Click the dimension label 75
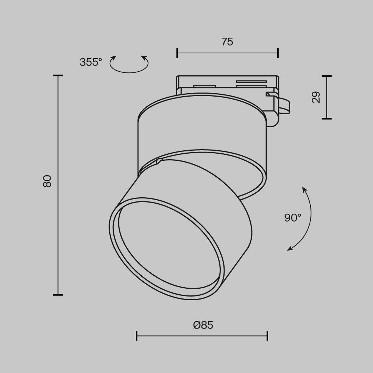[x=227, y=42]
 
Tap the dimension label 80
[x=47, y=181]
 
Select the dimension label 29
[x=316, y=97]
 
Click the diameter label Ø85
[x=203, y=325]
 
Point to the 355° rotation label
[x=91, y=62]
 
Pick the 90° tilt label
[x=292, y=218]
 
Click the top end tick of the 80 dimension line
[x=58, y=76]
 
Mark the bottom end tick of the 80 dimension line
[x=58, y=295]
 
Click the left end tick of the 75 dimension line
[x=177, y=53]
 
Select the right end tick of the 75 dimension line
[x=278, y=53]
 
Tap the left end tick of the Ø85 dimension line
[x=137, y=336]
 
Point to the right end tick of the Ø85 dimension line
[x=267, y=336]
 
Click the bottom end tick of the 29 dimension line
[x=327, y=119]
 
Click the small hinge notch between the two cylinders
[x=160, y=162]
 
